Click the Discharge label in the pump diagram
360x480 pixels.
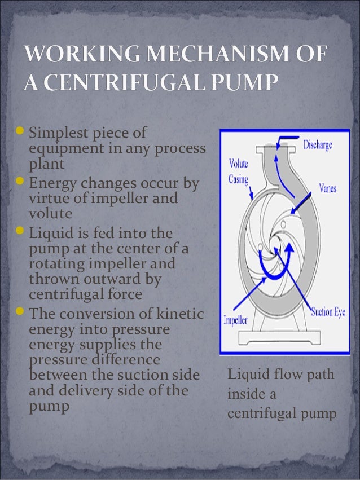coord(318,145)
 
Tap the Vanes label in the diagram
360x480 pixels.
coord(327,188)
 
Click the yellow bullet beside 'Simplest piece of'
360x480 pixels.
coord(20,134)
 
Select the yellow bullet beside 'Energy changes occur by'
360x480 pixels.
coord(20,183)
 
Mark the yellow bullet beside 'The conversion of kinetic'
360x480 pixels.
coord(20,312)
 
